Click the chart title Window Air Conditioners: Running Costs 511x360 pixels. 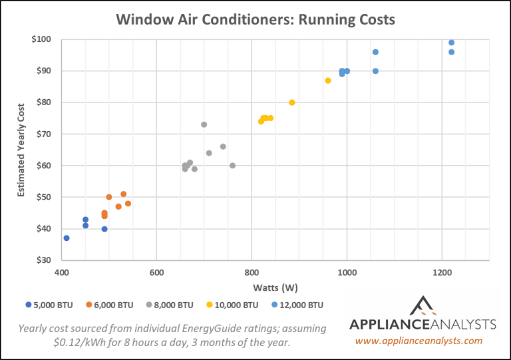[x=255, y=19]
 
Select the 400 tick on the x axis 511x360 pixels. [x=61, y=272]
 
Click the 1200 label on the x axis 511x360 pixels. [x=442, y=272]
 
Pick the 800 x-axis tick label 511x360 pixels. [x=252, y=272]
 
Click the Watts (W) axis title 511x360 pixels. [x=275, y=287]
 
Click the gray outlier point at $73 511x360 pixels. [x=204, y=124]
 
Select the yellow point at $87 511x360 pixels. [x=328, y=81]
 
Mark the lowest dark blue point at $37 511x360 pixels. [x=67, y=238]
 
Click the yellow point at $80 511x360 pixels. [x=292, y=102]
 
